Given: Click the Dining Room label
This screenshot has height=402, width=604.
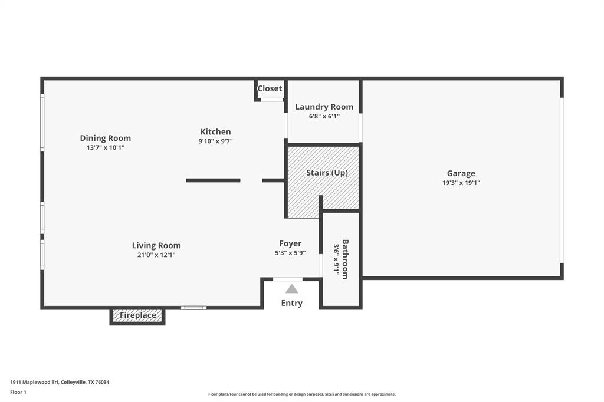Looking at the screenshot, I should point(106,138).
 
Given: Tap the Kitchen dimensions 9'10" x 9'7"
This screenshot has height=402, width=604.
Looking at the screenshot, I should point(216,141).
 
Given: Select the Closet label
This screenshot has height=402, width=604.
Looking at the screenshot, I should point(270,88).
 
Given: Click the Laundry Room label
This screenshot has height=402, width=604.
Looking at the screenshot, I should point(324,107).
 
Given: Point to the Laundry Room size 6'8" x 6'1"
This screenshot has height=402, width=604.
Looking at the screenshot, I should point(324,116).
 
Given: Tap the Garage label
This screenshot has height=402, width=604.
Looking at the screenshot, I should point(461,173).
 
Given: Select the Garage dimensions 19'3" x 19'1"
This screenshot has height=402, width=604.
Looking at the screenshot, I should point(461,183).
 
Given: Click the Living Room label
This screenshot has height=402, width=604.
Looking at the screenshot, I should point(156,245).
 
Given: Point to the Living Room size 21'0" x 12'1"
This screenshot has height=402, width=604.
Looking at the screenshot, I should point(156,255).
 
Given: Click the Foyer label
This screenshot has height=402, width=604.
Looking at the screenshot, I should point(290,243).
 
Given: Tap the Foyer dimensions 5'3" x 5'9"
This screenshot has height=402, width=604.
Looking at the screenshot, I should point(290,253).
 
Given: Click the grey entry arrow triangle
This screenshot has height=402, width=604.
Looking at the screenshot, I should point(291,289).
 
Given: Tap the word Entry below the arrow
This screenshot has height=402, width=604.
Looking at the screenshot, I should point(291,303).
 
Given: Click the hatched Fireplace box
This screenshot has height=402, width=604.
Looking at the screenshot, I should point(138,315).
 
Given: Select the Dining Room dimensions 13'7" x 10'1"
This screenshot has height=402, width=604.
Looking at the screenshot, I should point(106,147).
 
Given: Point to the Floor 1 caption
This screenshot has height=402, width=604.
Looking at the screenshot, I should point(18,392).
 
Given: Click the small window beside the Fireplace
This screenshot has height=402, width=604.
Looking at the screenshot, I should point(193,307).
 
